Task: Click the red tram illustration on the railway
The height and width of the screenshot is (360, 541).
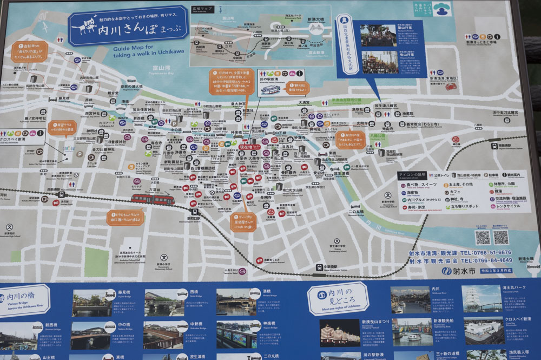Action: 152,199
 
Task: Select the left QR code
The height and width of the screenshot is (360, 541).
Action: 482,237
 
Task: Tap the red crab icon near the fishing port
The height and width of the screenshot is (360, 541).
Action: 450,86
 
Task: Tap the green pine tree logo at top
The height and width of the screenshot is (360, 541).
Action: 442,9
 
